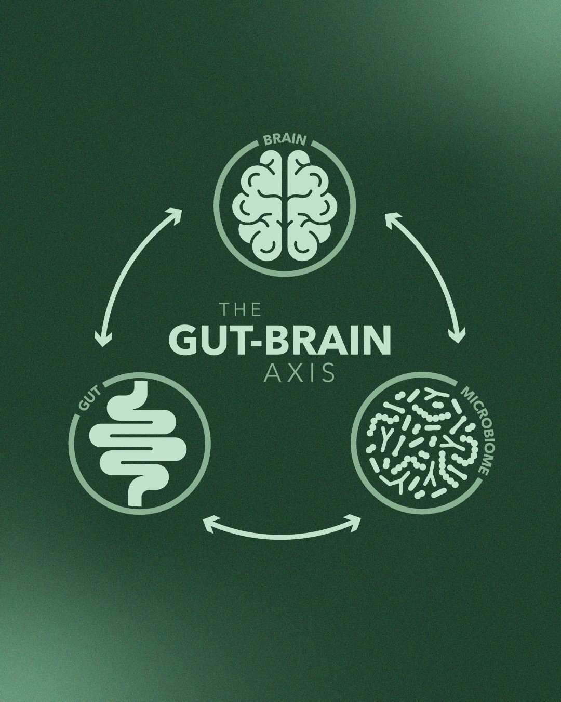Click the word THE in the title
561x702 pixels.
pyautogui.click(x=240, y=310)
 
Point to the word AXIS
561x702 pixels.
pyautogui.click(x=300, y=373)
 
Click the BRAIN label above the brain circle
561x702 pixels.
pyautogui.click(x=285, y=140)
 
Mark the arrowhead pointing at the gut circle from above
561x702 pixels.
pyautogui.click(x=103, y=341)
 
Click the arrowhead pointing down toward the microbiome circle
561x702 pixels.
pyautogui.click(x=457, y=337)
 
